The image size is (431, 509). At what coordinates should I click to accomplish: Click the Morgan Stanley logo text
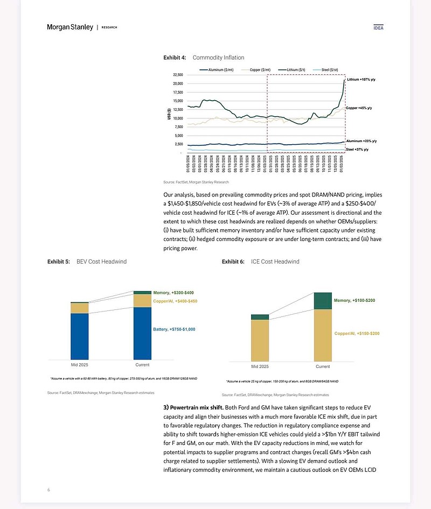point(70,27)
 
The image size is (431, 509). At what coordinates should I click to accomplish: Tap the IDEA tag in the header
point(378,28)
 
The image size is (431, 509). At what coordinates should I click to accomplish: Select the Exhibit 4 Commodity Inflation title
point(204,58)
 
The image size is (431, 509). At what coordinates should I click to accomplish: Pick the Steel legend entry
point(329,70)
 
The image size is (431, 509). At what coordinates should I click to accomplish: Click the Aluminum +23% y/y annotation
point(363,141)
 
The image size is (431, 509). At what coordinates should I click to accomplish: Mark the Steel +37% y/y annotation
point(357,150)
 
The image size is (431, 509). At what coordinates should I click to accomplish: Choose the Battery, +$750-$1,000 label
point(175,329)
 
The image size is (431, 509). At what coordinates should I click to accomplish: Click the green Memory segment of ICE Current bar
point(323,301)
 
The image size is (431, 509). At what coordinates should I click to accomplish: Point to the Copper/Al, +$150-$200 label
point(357,334)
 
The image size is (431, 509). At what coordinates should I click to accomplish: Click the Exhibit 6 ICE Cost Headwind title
point(260,261)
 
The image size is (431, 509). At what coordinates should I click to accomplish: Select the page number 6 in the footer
point(48,490)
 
